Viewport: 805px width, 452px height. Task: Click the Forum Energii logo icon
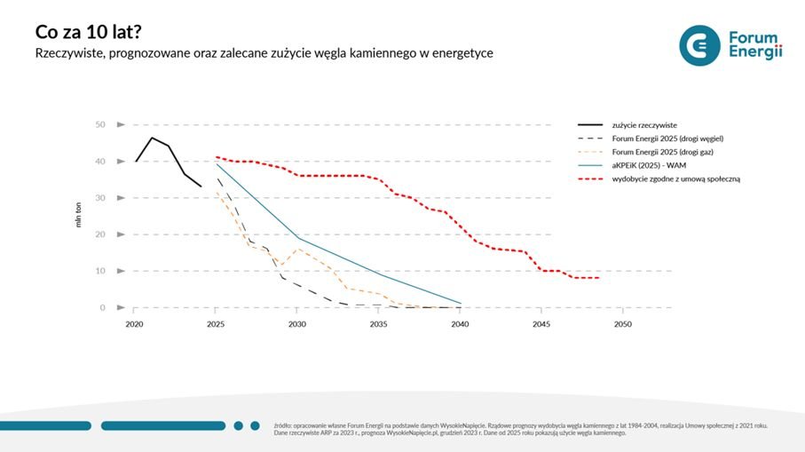699,45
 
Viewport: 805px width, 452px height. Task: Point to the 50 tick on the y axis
100,124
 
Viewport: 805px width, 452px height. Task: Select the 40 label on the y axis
100,161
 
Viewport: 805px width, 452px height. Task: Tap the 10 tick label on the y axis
100,271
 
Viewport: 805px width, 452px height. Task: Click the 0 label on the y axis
103,307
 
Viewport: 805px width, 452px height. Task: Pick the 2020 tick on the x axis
134,325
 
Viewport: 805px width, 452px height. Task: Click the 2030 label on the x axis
297,325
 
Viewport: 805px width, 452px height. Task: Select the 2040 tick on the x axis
460,325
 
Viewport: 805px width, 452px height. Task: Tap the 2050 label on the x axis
623,325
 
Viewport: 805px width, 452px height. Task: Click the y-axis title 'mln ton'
77,216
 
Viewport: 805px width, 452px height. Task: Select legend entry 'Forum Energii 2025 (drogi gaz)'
662,152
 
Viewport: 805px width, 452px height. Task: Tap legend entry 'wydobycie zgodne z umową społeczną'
675,178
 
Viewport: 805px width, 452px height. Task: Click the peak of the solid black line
152,138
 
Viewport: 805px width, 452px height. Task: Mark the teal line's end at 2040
461,303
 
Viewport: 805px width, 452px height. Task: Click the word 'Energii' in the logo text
754,53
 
